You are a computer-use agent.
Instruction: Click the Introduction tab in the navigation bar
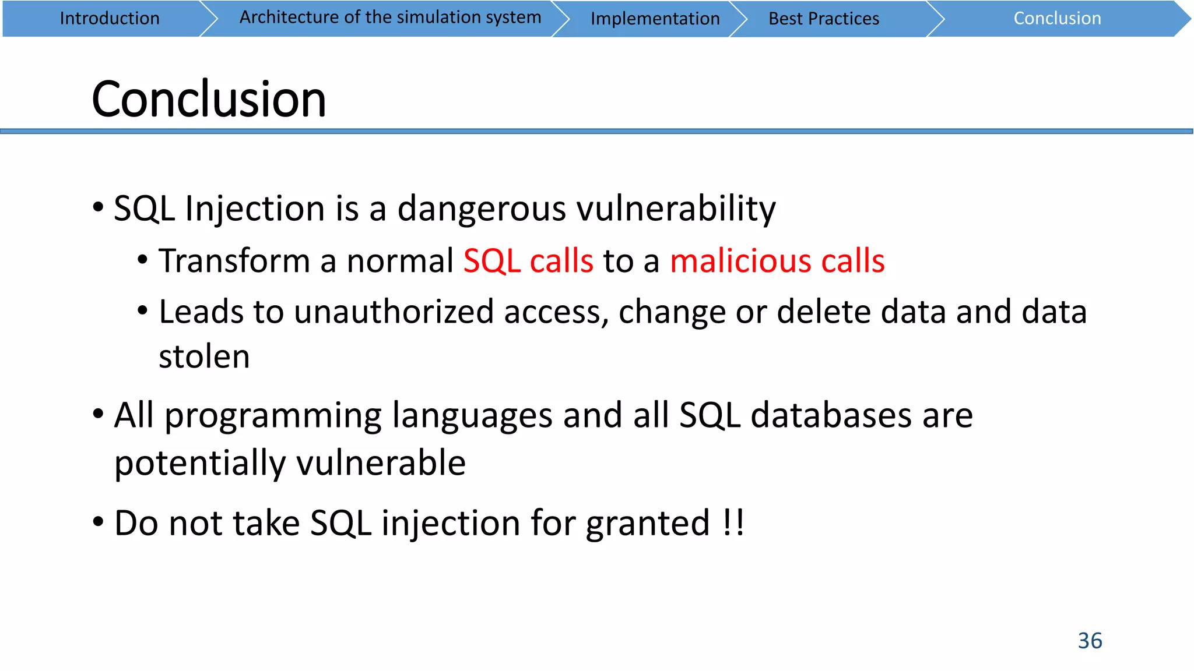pos(110,19)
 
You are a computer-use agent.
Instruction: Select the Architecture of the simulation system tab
pos(390,17)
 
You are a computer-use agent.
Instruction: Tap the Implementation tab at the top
pos(655,19)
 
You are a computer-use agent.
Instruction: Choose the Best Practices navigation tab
pos(823,19)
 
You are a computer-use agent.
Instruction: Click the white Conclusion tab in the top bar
pos(1057,19)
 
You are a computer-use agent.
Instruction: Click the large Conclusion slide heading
pos(209,99)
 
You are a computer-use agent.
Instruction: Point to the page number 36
pos(1090,641)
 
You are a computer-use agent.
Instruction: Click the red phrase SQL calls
pos(528,260)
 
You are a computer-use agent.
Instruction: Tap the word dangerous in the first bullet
pos(481,209)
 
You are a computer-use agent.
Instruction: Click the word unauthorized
pos(394,312)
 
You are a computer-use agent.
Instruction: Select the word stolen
pos(204,356)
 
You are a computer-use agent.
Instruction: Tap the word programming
pos(273,416)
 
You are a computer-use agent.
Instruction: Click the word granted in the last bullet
pos(647,523)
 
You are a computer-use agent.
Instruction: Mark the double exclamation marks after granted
pos(733,522)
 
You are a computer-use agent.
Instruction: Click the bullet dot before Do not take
pos(99,522)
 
